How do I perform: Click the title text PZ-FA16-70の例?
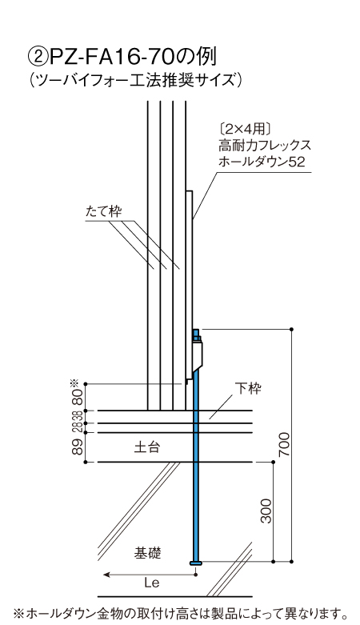pyautogui.click(x=132, y=57)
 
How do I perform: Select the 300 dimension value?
pyautogui.click(x=266, y=511)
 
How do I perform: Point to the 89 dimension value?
pyautogui.click(x=78, y=447)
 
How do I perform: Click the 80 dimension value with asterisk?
pyautogui.click(x=77, y=393)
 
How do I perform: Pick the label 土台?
pyautogui.click(x=146, y=447)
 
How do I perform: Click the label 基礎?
pyautogui.click(x=147, y=553)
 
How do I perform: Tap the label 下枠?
pyautogui.click(x=248, y=388)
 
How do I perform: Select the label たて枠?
pyautogui.click(x=104, y=211)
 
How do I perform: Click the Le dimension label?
pyautogui.click(x=152, y=583)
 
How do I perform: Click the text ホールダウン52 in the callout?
pyautogui.click(x=262, y=162)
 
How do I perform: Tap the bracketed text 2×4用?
pyautogui.click(x=245, y=129)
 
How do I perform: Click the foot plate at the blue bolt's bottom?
pyautogui.click(x=195, y=563)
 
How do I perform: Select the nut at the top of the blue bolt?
pyautogui.click(x=197, y=339)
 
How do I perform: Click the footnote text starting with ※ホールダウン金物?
pyautogui.click(x=179, y=612)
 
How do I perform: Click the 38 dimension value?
pyautogui.click(x=78, y=417)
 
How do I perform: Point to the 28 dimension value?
pyautogui.click(x=78, y=427)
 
